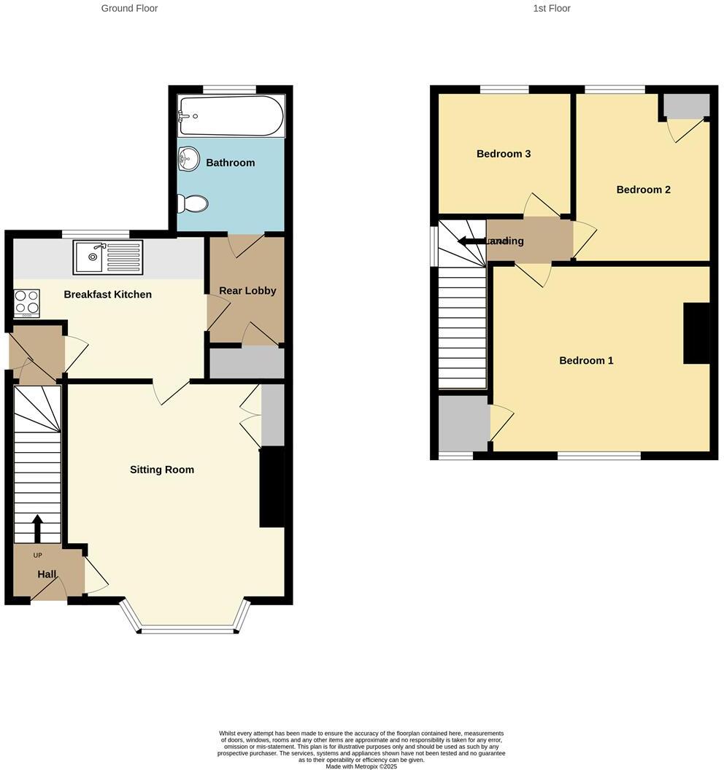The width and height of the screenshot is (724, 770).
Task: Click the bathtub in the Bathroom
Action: [x=231, y=117]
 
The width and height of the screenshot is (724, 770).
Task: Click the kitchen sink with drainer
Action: [x=107, y=257]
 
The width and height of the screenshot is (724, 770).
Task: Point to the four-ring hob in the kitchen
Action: [x=27, y=303]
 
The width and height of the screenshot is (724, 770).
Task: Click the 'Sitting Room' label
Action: [x=162, y=470]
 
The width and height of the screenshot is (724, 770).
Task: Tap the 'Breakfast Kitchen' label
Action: [x=107, y=295]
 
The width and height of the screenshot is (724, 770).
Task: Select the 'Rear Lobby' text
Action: [x=247, y=290]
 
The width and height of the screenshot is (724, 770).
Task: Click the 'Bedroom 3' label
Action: [x=504, y=154]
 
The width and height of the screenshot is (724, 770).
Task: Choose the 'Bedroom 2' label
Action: [x=643, y=190]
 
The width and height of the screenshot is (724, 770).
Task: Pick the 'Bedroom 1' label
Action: [x=586, y=360]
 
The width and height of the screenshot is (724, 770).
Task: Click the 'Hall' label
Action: [x=47, y=575]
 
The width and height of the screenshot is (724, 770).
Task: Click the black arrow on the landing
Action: [x=471, y=241]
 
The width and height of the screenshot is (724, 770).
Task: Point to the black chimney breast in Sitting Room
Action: [x=271, y=486]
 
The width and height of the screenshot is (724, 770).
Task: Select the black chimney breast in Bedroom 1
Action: [x=696, y=333]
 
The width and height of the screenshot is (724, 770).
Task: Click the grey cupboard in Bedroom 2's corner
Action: [x=686, y=106]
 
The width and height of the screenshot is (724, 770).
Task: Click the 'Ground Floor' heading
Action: [x=129, y=9]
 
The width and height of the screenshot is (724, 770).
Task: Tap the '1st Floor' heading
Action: [x=552, y=9]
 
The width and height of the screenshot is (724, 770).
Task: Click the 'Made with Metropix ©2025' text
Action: [x=361, y=766]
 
